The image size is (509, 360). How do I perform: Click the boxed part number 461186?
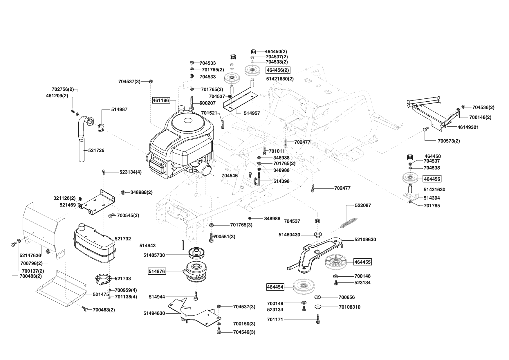click(161, 100)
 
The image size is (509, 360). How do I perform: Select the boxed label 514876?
click(157, 271)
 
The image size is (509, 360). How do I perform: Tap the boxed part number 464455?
click(362, 262)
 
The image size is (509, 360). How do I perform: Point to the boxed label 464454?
click(275, 287)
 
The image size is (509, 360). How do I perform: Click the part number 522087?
click(363, 205)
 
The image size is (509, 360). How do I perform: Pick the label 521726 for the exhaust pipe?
click(96, 150)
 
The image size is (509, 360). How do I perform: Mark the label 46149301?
click(468, 127)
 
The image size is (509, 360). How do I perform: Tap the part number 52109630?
click(365, 240)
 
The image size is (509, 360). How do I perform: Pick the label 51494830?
click(154, 313)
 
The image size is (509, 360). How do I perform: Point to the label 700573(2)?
click(449, 141)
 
